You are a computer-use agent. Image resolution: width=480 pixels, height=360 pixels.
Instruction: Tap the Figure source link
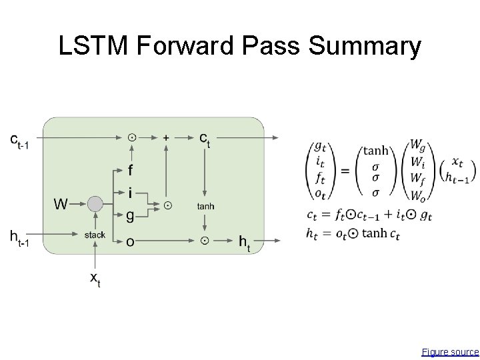pos(450,351)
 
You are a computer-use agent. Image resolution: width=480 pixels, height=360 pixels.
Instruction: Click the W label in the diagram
pos(61,203)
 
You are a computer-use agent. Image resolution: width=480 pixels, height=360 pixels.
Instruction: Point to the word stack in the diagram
pos(95,235)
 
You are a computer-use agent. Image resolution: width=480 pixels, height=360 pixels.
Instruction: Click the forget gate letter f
pos(130,171)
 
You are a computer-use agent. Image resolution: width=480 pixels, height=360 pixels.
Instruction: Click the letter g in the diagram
pos(130,214)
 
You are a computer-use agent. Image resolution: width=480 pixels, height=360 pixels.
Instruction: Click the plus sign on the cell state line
pos(166,137)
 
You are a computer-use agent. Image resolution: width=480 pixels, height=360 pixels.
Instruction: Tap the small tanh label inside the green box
pos(205,206)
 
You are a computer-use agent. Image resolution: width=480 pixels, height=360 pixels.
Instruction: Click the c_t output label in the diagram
pos(205,139)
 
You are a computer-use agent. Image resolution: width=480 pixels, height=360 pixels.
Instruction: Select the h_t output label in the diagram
pos(245,243)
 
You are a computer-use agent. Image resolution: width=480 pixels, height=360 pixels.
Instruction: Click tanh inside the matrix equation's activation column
pos(375,150)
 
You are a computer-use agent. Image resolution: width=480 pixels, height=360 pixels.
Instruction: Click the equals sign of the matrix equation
pos(345,171)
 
